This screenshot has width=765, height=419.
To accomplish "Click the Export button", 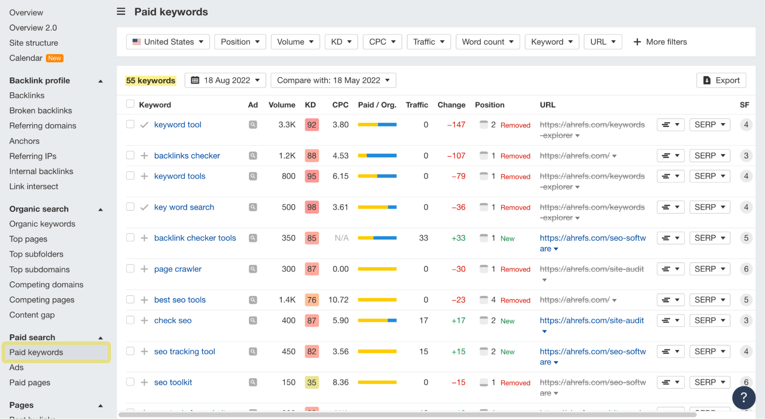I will coord(721,80).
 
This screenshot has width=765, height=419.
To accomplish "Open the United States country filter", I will coord(168,42).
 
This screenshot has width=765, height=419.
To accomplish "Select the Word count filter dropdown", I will coord(488,42).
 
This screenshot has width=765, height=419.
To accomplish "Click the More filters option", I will coord(660,42).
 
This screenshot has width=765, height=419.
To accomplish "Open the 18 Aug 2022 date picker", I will coord(225,80).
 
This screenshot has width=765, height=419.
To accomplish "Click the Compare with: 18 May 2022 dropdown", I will coord(333,80).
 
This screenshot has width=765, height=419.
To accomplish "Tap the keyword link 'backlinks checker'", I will coord(187,156).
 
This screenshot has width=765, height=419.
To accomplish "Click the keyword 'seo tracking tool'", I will coord(184,351).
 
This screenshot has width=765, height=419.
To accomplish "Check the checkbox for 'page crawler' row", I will coord(130,269).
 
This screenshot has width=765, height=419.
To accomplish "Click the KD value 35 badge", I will coord(312,382).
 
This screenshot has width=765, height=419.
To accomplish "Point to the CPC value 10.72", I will coord(338,300).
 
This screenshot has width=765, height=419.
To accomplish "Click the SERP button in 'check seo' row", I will coord(710,320).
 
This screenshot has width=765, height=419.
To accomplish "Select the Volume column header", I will coord(282,105).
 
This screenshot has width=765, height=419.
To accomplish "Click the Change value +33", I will coord(458,238).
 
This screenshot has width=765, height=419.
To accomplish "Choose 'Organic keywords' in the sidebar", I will coord(42,224).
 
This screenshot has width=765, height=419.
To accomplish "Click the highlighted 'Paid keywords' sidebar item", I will coord(36,352).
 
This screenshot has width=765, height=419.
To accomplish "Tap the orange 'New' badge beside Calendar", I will coord(54,58).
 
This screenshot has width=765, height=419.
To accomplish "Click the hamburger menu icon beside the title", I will coord(121,11).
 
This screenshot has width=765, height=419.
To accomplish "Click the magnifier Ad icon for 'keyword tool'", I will coord(253,125).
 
